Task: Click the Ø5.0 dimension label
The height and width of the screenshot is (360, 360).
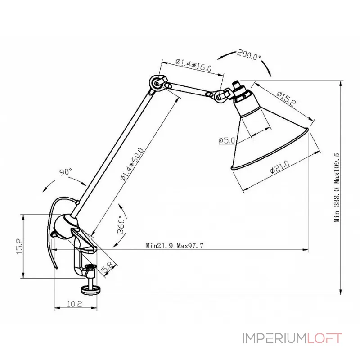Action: click(227, 140)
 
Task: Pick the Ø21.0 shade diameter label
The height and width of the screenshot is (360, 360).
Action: click(279, 171)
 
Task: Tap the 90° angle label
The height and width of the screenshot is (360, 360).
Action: click(66, 172)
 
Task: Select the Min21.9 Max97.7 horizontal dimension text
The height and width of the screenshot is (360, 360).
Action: click(175, 246)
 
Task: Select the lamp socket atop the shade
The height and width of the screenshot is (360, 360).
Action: click(241, 91)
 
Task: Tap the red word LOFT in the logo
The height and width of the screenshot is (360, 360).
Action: click(324, 338)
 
